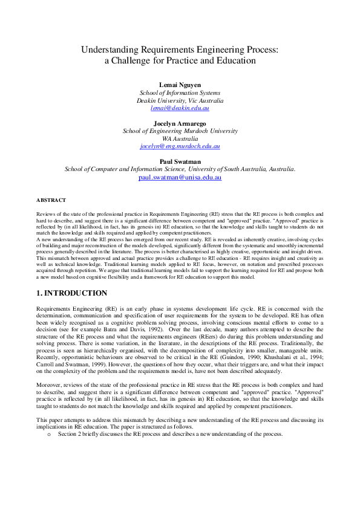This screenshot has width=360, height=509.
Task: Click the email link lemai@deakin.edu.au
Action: click(x=180, y=108)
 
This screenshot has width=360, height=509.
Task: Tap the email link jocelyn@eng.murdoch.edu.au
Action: click(x=180, y=146)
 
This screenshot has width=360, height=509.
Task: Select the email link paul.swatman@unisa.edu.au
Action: click(x=180, y=178)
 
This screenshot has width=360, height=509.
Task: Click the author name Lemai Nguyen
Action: click(x=180, y=84)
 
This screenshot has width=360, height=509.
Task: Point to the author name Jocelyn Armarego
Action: click(x=180, y=123)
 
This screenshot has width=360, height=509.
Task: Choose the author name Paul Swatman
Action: click(x=180, y=161)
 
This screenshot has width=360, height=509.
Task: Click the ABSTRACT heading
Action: click(x=51, y=199)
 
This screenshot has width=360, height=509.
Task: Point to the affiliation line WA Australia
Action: click(x=180, y=138)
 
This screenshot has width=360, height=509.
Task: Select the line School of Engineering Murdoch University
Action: click(x=180, y=131)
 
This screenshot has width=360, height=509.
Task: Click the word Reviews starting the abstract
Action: click(x=46, y=215)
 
